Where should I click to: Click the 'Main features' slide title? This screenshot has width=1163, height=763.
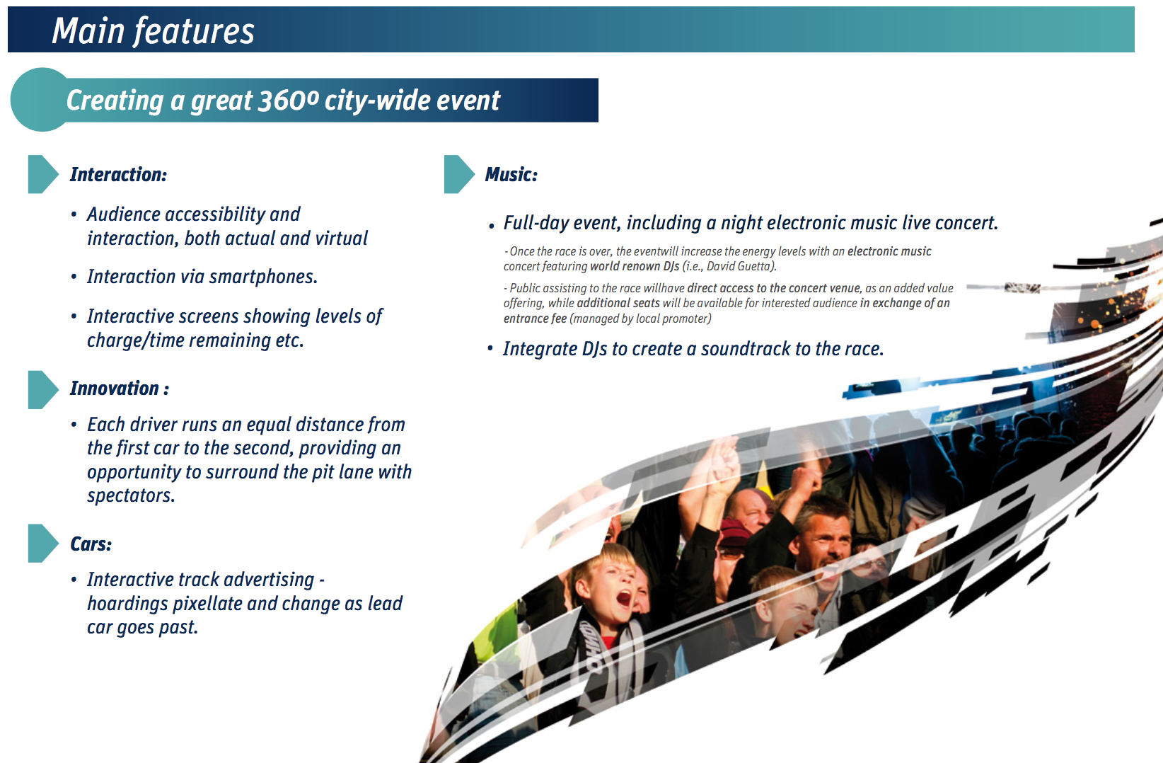pos(154,30)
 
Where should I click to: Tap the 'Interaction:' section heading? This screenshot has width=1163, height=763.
pos(118,175)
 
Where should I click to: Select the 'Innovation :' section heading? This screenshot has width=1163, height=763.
pos(120,388)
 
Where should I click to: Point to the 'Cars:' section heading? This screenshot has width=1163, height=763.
pos(91,544)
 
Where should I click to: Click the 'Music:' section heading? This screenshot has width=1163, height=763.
pos(511,175)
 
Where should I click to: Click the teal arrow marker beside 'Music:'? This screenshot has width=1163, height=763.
pos(459,174)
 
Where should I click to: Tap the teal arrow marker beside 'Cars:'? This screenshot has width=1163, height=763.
pos(43,544)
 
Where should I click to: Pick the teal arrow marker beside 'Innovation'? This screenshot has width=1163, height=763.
pos(43,389)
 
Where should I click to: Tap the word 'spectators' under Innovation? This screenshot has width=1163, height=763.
pos(130,495)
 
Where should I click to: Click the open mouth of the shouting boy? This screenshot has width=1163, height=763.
pos(623,599)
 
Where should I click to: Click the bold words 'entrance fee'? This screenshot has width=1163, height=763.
pos(535,319)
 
